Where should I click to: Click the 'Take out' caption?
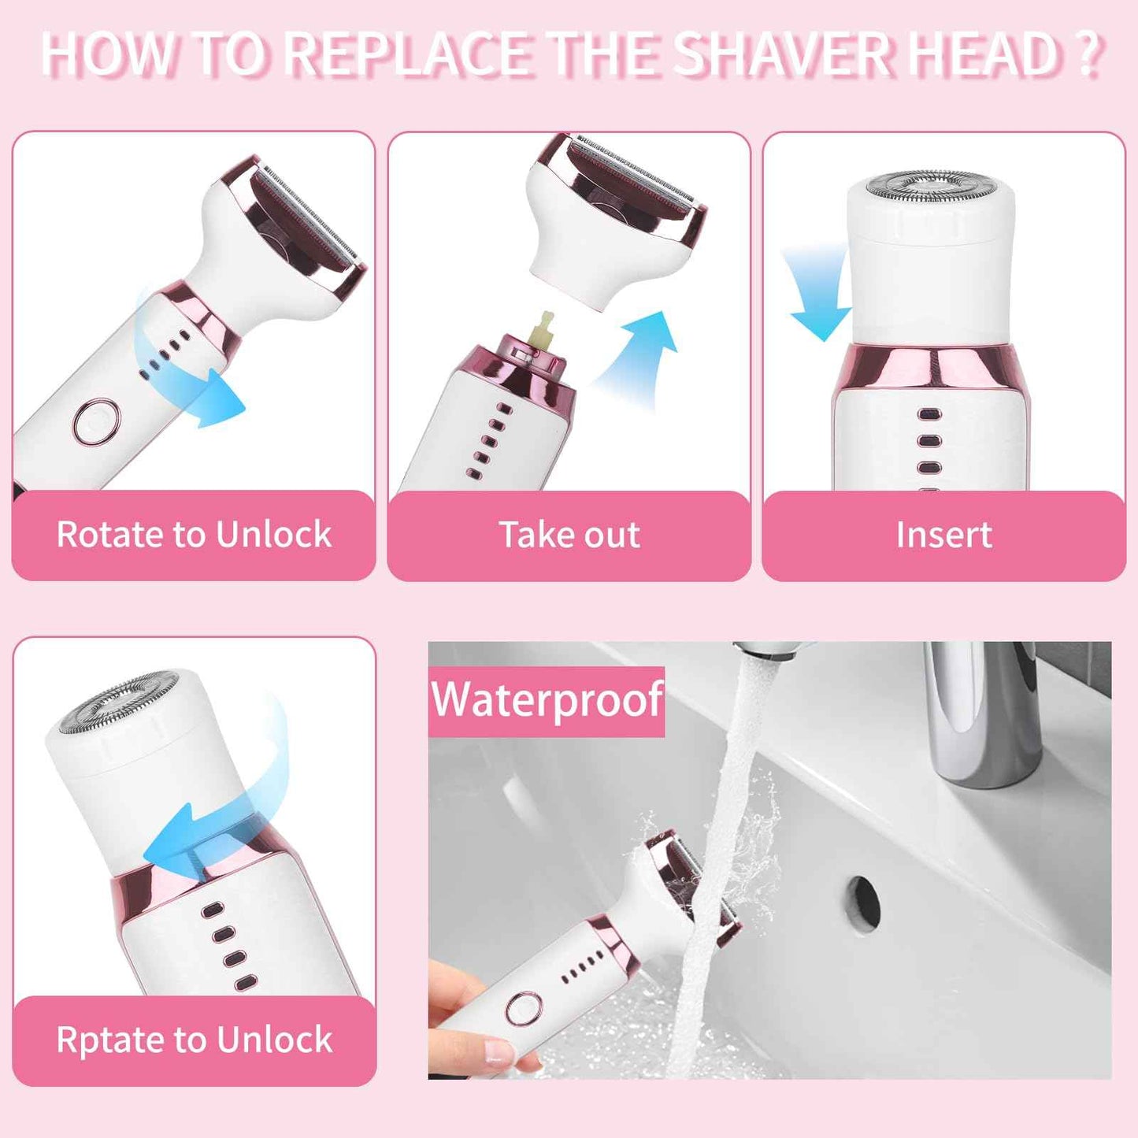coord(569,535)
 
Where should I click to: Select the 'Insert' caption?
coord(943,535)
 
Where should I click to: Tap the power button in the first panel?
coord(96,421)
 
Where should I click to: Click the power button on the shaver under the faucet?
coord(524,1009)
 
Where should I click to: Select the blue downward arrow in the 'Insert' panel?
coord(815,299)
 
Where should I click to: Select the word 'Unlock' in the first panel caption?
coord(273,535)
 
